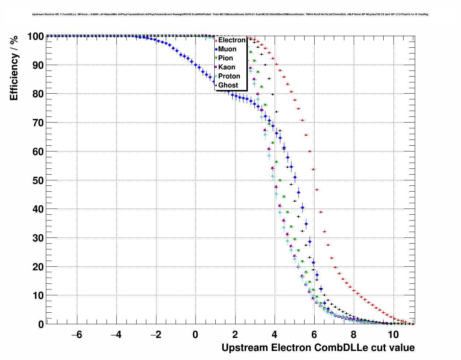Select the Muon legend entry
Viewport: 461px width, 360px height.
pos(227,49)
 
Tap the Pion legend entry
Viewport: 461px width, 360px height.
pos(225,58)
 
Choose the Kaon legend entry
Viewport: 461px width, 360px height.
pos(227,67)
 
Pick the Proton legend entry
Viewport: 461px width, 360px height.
pos(229,76)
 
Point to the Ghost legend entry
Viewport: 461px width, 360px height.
pos(228,85)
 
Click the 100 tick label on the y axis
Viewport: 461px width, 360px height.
pos(35,37)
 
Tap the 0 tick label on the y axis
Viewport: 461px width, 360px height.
pos(41,325)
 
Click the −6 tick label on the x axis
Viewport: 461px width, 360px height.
pos(77,335)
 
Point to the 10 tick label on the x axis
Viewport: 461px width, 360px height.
pos(393,335)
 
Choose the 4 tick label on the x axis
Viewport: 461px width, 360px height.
pos(275,335)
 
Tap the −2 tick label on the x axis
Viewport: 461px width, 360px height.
pos(156,335)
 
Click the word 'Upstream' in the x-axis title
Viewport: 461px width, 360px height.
pos(245,348)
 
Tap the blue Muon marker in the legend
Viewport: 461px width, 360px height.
pos(216,49)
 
